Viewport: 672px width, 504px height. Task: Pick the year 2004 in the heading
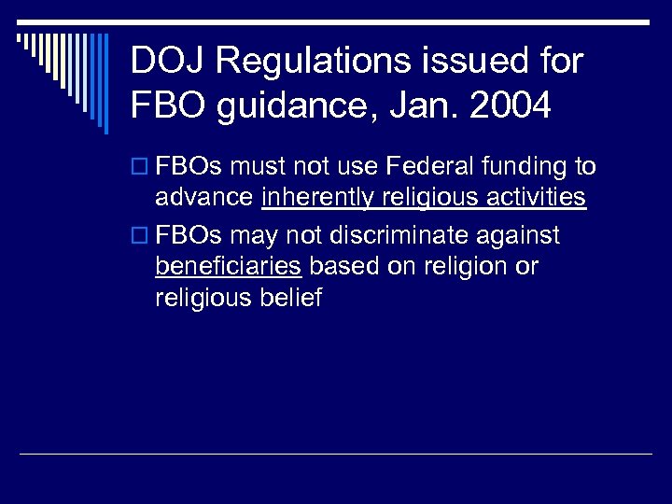tap(511, 105)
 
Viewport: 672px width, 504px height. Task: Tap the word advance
tap(204, 198)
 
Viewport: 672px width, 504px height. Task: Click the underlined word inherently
tap(318, 198)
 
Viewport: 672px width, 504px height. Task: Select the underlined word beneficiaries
tap(228, 266)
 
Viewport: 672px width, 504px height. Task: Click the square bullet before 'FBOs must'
tap(138, 168)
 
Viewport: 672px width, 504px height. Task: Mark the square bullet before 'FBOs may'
tap(138, 234)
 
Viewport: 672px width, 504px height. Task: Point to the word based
tap(342, 266)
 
